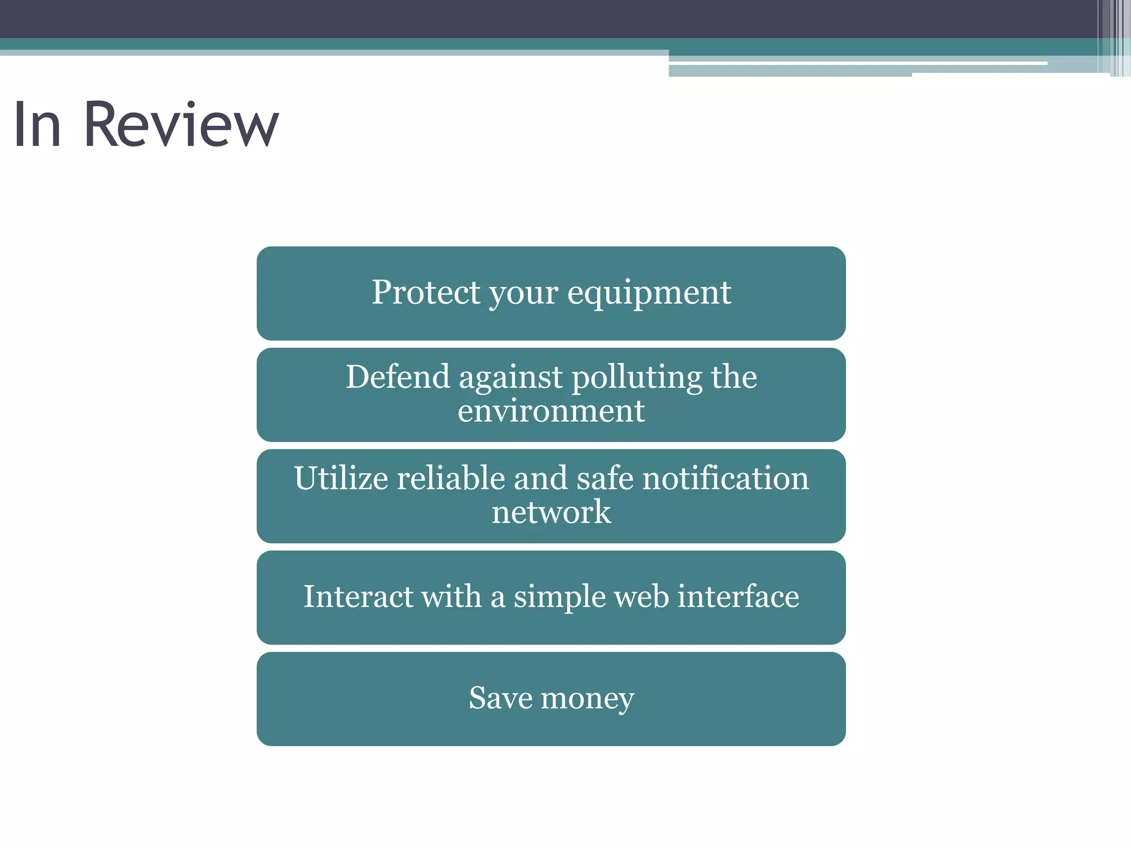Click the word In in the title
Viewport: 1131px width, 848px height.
(37, 125)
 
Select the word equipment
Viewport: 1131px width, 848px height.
(649, 293)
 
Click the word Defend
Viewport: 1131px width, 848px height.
(398, 377)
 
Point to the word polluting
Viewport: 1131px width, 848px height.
(637, 378)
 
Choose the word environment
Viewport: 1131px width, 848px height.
(551, 411)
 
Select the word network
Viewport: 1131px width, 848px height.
(551, 512)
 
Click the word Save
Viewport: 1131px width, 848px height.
(500, 698)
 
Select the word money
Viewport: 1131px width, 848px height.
(588, 699)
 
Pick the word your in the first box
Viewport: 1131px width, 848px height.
(524, 293)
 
